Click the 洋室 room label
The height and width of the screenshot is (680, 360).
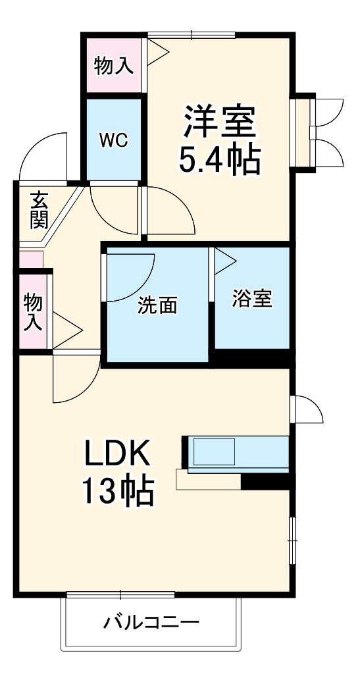[219, 122]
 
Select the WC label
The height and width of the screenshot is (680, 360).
[113, 140]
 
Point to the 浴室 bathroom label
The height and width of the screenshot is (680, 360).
[252, 299]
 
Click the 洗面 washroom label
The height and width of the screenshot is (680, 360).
[157, 305]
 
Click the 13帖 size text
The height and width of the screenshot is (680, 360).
[118, 491]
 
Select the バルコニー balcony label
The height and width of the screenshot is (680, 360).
[151, 623]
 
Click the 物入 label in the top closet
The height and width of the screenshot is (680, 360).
[113, 65]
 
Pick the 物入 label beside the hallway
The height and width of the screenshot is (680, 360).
[32, 311]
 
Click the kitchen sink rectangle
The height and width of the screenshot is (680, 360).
[214, 451]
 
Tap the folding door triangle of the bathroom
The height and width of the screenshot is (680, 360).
[224, 261]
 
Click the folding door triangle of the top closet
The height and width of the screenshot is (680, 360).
[157, 52]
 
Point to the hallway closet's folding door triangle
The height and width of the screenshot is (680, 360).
[67, 330]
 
